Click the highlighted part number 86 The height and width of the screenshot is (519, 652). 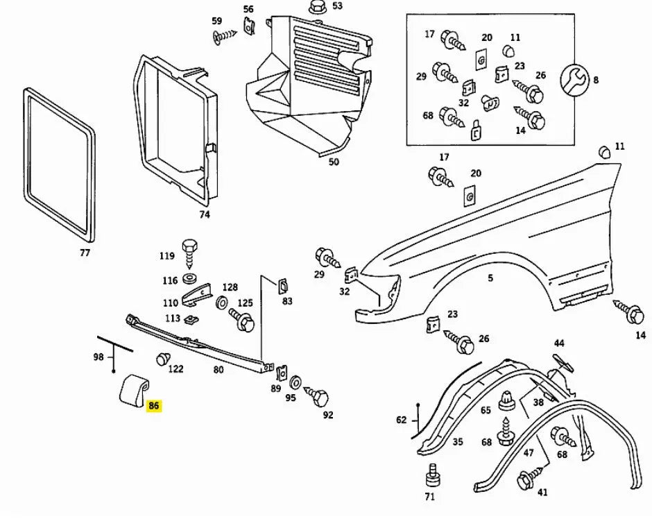tap(154, 407)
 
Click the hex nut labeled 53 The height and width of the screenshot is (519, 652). tap(317, 7)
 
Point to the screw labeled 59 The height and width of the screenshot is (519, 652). tap(223, 35)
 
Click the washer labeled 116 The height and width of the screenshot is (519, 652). tap(188, 280)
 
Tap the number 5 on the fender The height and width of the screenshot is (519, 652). tap(490, 278)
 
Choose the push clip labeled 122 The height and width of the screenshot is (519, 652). tap(163, 359)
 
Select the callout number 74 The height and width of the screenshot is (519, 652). tap(204, 214)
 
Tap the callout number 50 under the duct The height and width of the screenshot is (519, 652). tap(334, 162)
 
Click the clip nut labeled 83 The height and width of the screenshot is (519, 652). tap(283, 284)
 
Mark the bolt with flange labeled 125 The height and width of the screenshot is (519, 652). tap(243, 321)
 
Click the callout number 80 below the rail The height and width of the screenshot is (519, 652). tap(218, 370)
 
